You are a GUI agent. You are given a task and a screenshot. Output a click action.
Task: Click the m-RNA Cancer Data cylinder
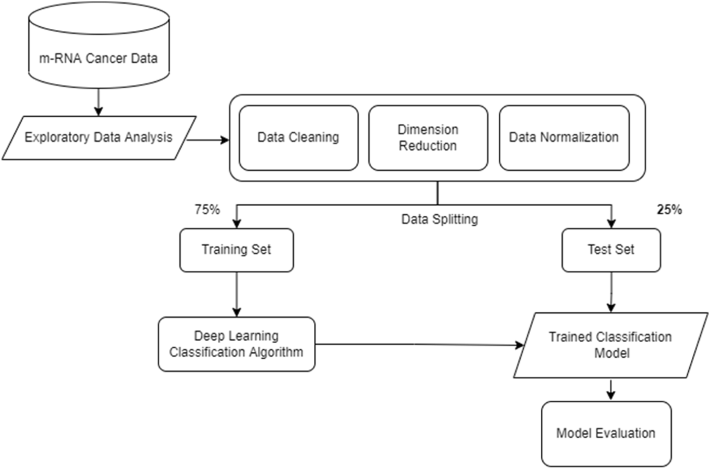99,45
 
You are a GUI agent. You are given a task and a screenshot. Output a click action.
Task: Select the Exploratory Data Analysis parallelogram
99,137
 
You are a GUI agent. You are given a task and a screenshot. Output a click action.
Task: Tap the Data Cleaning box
298,137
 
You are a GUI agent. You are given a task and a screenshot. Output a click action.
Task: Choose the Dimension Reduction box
428,137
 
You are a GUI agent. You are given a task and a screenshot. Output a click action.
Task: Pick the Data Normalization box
564,137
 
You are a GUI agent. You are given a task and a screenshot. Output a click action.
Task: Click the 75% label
207,209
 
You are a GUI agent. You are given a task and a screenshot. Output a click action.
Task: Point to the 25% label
669,209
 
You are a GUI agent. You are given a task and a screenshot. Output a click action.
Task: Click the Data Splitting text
439,219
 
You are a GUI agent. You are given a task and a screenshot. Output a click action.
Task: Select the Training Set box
236,250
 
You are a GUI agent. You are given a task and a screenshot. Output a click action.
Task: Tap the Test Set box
611,250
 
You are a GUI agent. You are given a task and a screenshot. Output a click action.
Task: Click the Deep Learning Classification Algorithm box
236,344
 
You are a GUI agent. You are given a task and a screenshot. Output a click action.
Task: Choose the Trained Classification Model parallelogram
610,345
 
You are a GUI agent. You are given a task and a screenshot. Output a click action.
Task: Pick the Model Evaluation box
606,433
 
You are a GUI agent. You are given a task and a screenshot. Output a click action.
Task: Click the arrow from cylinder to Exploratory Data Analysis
99,103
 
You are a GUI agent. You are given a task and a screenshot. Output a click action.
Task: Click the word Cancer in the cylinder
107,58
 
